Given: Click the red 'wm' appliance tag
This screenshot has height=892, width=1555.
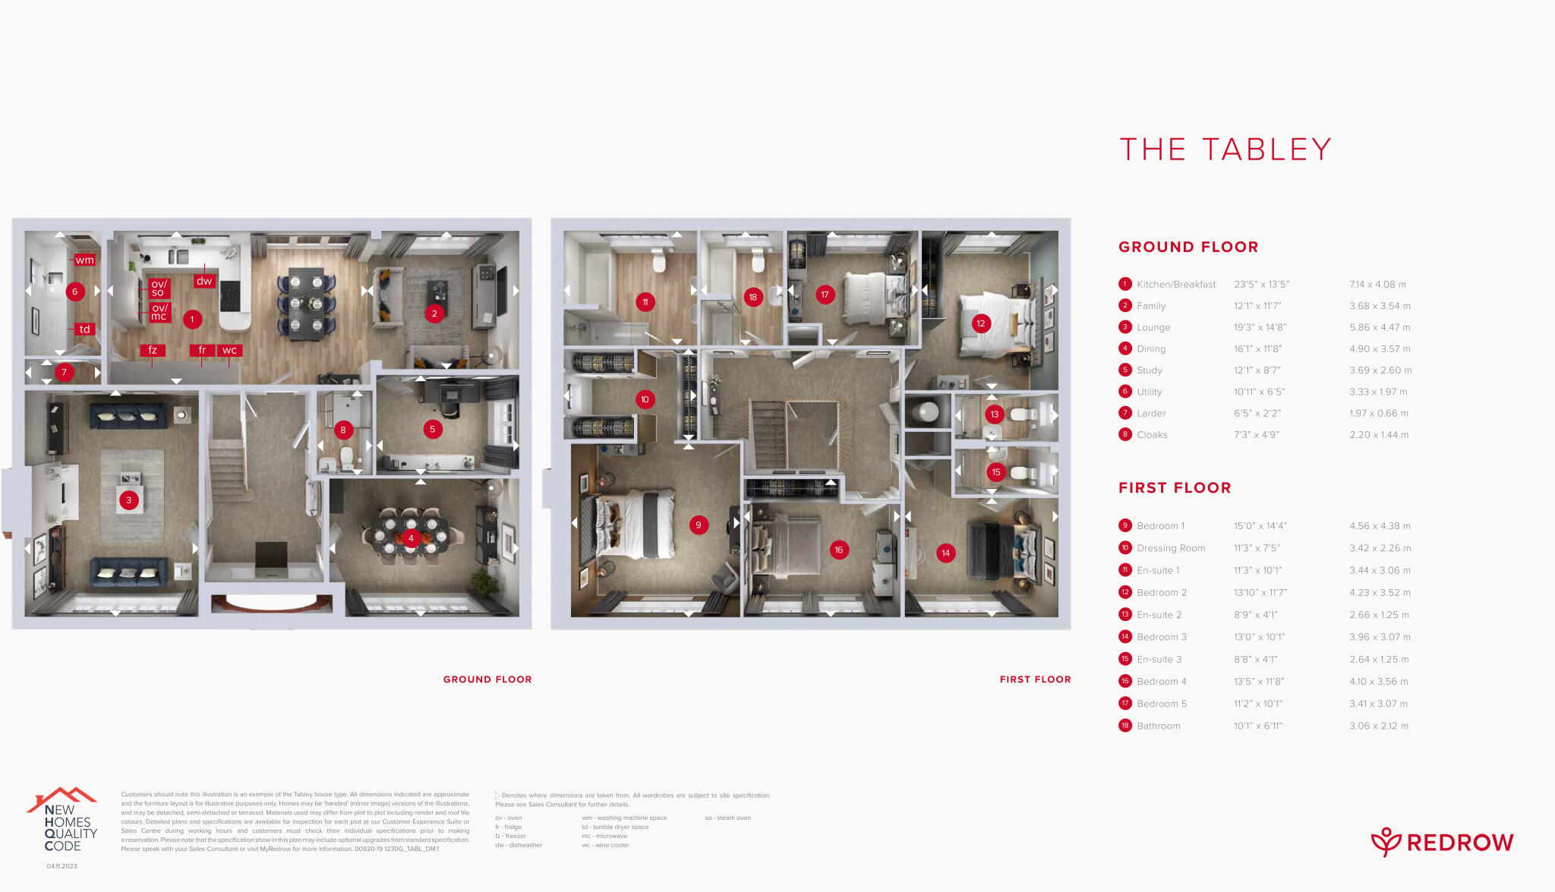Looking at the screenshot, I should click(x=84, y=260).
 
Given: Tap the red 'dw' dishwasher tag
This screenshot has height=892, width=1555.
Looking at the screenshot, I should click(x=204, y=281).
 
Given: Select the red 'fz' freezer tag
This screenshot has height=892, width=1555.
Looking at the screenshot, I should click(x=153, y=350).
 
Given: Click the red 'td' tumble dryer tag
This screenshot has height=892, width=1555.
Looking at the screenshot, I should click(x=84, y=329).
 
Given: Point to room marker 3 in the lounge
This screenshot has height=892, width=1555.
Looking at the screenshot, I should click(x=128, y=500).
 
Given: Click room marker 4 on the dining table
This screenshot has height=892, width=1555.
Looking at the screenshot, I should click(x=411, y=538).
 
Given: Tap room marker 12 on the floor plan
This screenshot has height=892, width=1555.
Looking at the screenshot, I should click(x=980, y=323).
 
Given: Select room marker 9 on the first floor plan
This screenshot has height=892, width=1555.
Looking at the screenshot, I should click(x=699, y=525).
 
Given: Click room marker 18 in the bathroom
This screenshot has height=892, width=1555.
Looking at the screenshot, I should click(x=752, y=297).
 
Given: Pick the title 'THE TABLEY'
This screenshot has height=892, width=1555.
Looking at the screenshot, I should click(x=1225, y=150).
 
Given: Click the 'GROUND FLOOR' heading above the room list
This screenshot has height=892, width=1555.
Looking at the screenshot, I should click(x=1188, y=247).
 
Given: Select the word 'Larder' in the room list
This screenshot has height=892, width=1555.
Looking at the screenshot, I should click(x=1151, y=414).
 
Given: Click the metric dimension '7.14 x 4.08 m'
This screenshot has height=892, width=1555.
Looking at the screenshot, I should click(x=1377, y=285).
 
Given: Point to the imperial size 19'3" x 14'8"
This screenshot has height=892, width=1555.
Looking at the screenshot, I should click(x=1260, y=328).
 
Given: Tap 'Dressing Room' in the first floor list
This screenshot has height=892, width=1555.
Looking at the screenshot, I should click(x=1171, y=548).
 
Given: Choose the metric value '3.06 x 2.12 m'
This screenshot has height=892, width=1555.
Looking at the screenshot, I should click(x=1378, y=727).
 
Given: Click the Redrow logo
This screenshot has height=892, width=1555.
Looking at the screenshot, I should click(x=1442, y=842).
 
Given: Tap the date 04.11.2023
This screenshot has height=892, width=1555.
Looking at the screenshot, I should click(x=62, y=866).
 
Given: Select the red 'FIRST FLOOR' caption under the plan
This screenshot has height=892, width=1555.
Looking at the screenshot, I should click(x=1035, y=679).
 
